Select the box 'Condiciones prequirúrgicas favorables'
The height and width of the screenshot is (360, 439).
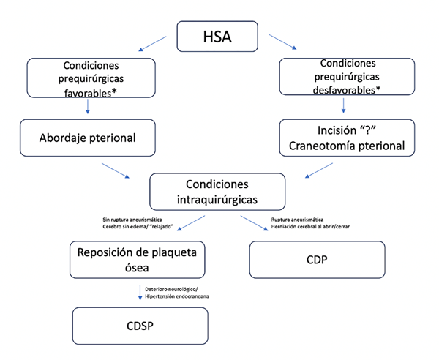coord(91,78)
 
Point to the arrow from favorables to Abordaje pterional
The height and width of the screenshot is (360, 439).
coord(88,107)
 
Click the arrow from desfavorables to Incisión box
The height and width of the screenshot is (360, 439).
coord(341,108)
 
